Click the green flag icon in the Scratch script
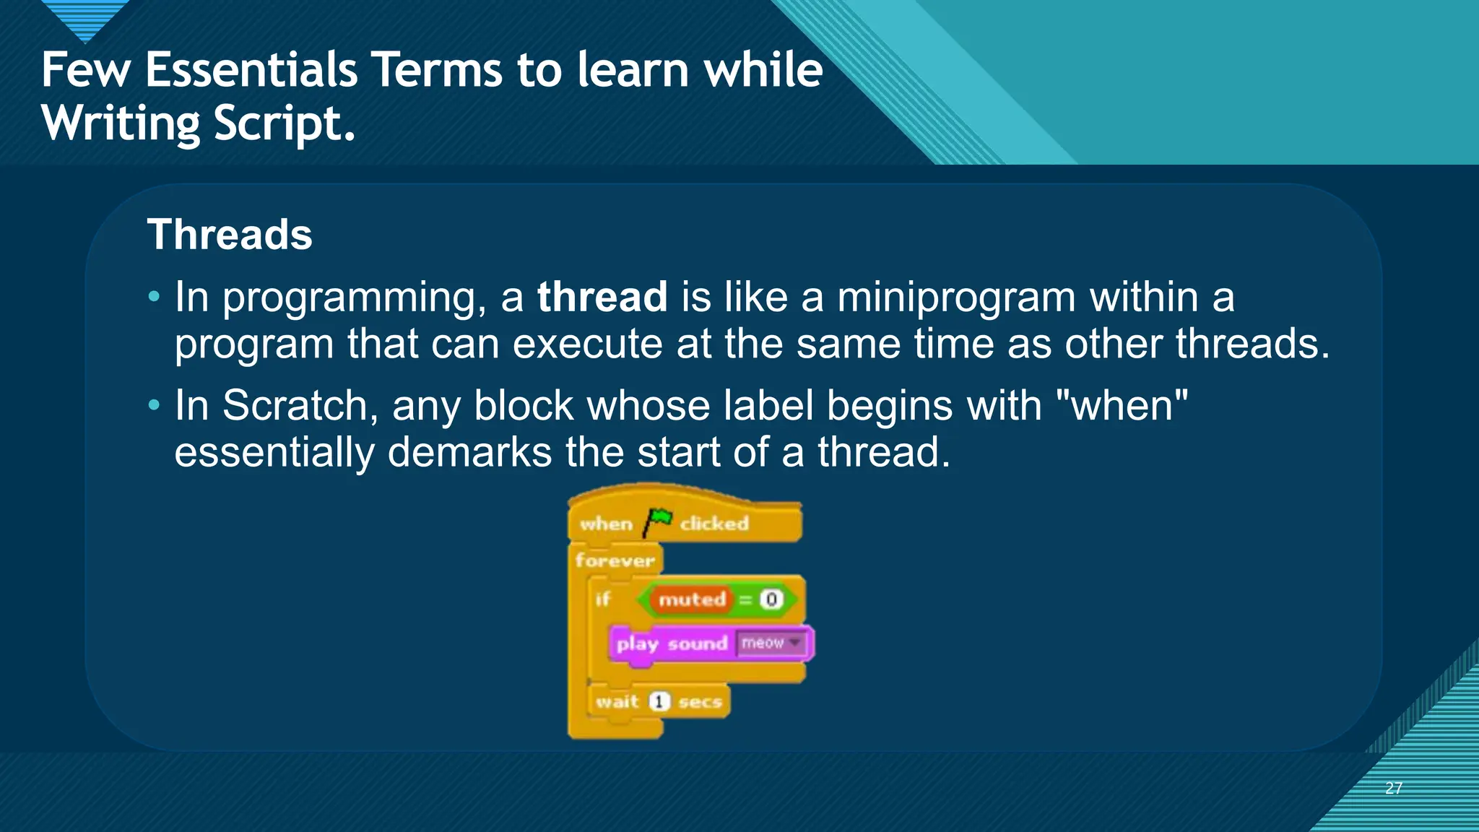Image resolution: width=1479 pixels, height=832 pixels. click(658, 521)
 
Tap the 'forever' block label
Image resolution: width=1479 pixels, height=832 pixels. click(615, 560)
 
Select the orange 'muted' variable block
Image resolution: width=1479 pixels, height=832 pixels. click(692, 599)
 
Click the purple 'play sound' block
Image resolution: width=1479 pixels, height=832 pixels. click(672, 643)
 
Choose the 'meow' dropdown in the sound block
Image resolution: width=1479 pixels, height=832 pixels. click(771, 643)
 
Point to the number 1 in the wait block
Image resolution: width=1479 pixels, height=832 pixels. click(659, 701)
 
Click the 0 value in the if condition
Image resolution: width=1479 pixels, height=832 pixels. click(771, 599)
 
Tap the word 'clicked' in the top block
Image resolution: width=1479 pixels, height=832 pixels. click(714, 523)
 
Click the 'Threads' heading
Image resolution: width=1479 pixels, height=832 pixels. click(230, 235)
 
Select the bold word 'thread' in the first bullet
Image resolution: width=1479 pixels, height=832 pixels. click(602, 297)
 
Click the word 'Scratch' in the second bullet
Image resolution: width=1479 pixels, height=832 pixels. click(300, 405)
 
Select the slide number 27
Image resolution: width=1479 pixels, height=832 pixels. click(1394, 788)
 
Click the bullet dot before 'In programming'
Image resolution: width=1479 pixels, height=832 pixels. click(153, 297)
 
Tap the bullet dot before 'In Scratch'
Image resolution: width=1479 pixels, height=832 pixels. click(153, 405)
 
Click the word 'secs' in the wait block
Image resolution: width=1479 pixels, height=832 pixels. click(700, 702)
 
